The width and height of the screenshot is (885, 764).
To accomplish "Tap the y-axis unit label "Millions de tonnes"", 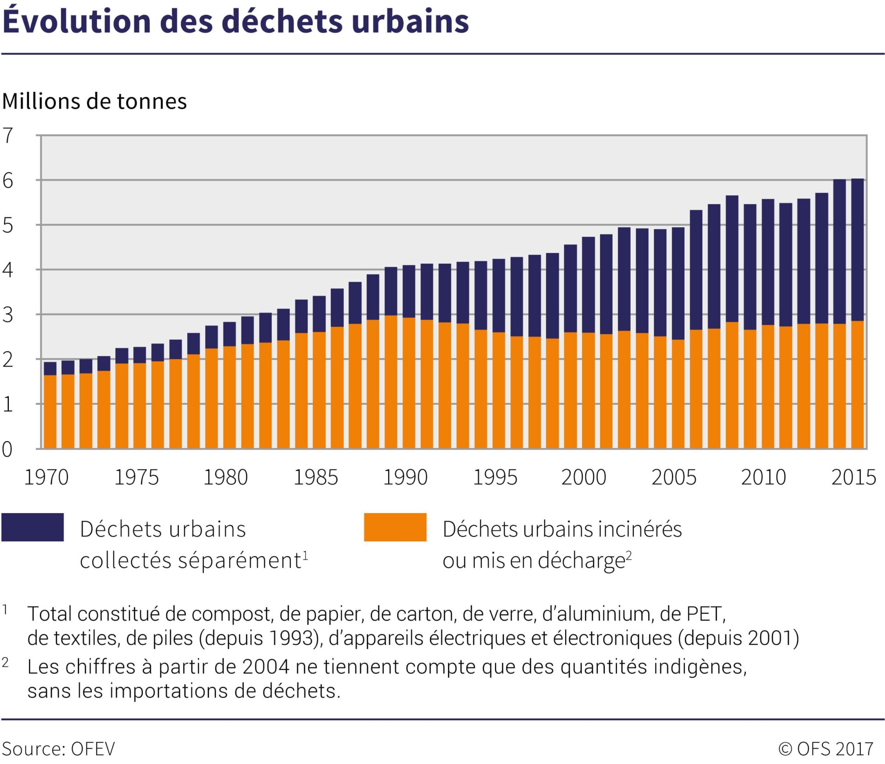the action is tap(94, 101).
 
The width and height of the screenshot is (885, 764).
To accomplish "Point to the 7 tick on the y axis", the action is tap(8, 136).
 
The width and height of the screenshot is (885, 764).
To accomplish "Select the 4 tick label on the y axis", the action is tap(8, 270).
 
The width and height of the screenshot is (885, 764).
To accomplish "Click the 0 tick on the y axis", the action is tap(7, 449).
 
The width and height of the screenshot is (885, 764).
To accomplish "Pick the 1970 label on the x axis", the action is tap(46, 477).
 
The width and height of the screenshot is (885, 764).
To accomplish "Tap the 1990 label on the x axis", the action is tap(406, 477).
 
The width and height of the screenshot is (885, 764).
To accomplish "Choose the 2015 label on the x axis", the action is tap(854, 477).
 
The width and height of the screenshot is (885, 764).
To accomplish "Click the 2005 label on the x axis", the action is tap(674, 477).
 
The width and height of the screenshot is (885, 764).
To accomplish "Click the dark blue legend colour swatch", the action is tap(33, 527).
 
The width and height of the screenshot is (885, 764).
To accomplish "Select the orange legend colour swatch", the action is tap(395, 527).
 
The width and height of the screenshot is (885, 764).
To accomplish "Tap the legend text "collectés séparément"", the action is tap(190, 561).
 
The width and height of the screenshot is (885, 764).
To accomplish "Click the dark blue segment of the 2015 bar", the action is tap(857, 250).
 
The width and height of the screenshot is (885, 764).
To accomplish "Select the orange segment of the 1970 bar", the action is tap(50, 412).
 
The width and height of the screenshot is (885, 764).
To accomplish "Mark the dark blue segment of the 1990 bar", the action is tap(409, 291).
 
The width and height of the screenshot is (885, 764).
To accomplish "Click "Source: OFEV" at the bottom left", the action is tap(59, 749).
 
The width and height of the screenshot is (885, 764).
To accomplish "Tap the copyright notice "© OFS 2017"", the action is tap(826, 749).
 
